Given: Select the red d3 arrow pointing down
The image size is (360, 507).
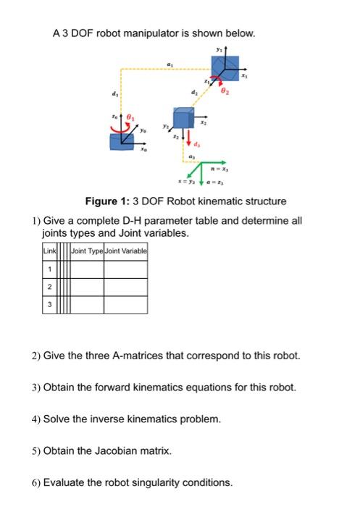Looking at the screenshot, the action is click(x=189, y=135).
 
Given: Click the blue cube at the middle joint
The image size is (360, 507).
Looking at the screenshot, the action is click(x=183, y=118).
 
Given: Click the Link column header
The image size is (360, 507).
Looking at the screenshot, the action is click(x=49, y=251).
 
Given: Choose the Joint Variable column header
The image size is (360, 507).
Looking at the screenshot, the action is click(x=126, y=251).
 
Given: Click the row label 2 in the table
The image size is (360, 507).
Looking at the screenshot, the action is click(x=49, y=288).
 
